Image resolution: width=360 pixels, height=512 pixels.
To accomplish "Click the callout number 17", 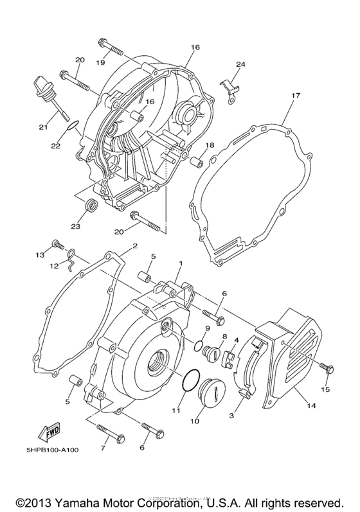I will coord(295,96).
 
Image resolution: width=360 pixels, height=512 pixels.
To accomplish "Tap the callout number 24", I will coord(240,64).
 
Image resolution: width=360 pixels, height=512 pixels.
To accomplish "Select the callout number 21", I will coord(43,127).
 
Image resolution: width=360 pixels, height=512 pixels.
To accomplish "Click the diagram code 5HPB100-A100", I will coord(44,450).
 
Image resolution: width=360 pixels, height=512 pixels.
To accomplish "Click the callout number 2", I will coord(134,245).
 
